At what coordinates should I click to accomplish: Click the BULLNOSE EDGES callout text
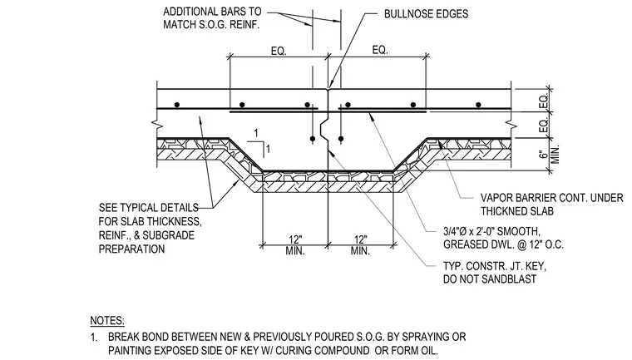click(x=426, y=13)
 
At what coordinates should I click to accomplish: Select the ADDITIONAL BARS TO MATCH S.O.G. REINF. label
click(x=212, y=17)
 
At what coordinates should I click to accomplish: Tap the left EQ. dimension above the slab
click(x=279, y=52)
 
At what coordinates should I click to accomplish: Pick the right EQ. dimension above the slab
click(x=380, y=50)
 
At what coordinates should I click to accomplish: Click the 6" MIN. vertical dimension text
click(x=550, y=154)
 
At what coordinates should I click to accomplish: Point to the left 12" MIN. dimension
click(x=295, y=245)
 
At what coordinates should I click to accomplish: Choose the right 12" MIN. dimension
click(x=360, y=245)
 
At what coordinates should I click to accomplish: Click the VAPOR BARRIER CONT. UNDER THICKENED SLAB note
click(x=552, y=205)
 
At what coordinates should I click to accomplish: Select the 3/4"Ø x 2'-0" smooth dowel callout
click(x=503, y=238)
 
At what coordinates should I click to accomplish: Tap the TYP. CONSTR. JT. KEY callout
click(x=495, y=273)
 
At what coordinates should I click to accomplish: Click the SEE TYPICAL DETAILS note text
click(x=150, y=228)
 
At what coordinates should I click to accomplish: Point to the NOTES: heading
click(x=107, y=320)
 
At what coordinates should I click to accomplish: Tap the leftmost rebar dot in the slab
click(x=176, y=105)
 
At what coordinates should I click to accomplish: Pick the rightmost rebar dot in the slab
click(x=478, y=105)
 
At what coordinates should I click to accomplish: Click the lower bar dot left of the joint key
click(x=313, y=139)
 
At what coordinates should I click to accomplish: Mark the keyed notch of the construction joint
click(x=324, y=130)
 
